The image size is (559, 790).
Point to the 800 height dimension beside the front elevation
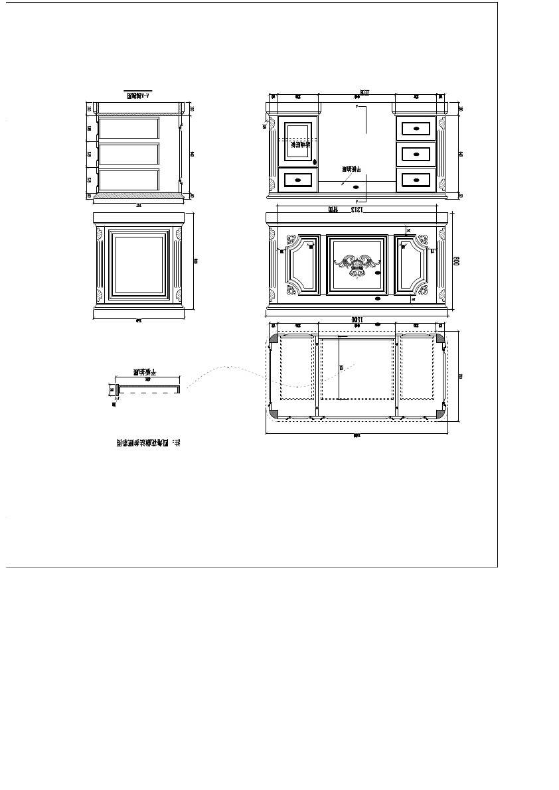456,261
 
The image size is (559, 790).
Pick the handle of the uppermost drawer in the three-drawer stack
416,127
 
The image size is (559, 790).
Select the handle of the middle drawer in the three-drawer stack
416,155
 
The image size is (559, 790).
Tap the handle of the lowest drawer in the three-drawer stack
416,179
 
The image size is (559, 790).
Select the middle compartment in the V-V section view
129,154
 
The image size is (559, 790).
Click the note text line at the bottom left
149,442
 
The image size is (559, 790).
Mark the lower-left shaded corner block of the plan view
274,413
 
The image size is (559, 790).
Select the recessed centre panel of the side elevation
139,265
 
